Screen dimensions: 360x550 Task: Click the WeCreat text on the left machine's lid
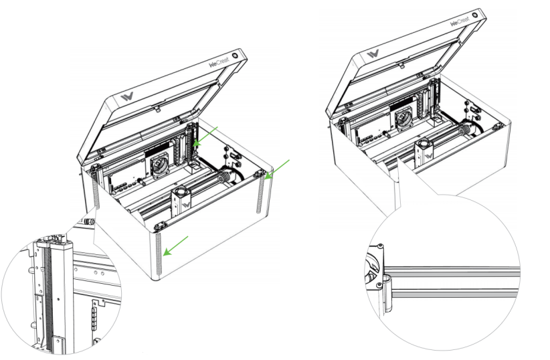[x=220, y=64]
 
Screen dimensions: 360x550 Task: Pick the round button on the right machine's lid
[x=476, y=13]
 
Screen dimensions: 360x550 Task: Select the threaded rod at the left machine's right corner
[x=259, y=194]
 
